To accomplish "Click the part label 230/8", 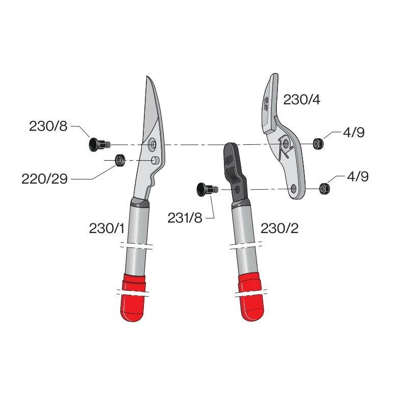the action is [48, 126].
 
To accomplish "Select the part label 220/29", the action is [44, 179].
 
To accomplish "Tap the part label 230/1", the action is [107, 228].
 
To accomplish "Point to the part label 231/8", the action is [185, 218].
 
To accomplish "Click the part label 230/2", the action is [279, 228].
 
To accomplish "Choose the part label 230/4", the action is [302, 99].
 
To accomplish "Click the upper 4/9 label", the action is [353, 133].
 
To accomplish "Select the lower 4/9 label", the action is [358, 176].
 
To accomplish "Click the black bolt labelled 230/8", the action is [99, 144].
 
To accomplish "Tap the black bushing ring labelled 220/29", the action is [120, 160].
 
